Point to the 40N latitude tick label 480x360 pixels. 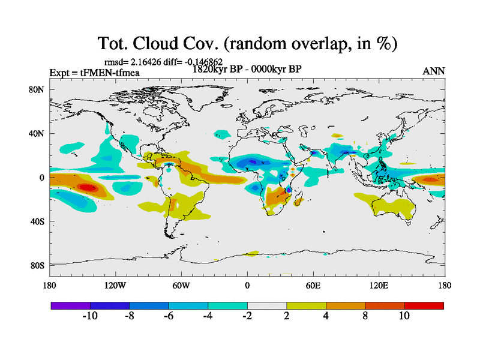click(x=38, y=133)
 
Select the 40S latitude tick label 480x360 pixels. click(x=38, y=221)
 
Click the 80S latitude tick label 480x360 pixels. click(x=38, y=265)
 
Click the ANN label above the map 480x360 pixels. click(x=434, y=71)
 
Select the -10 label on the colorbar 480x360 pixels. click(x=90, y=316)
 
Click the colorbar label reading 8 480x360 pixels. click(x=365, y=316)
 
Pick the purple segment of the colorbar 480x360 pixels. click(x=70, y=305)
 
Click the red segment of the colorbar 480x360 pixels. click(x=424, y=305)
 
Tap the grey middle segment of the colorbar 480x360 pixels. click(x=266, y=305)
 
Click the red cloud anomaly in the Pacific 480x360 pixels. click(x=88, y=187)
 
